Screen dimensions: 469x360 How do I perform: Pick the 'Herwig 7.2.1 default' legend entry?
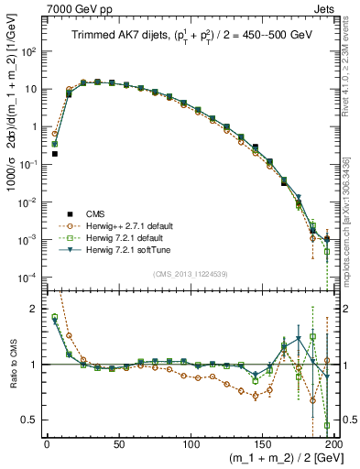click(x=117, y=237)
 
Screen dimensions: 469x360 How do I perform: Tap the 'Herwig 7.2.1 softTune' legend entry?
click(x=119, y=249)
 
